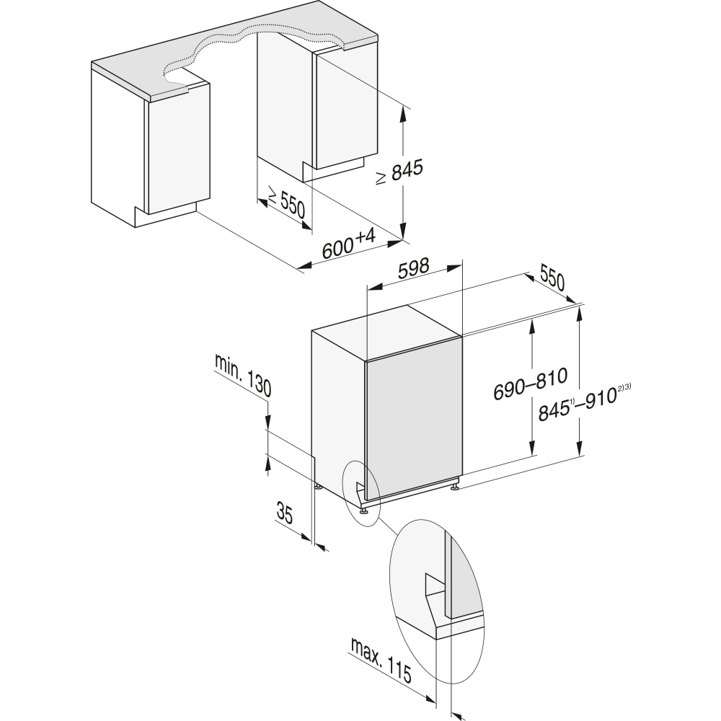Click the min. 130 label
(x=243, y=376)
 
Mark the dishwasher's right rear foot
(x=455, y=488)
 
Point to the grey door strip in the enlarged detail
(x=461, y=577)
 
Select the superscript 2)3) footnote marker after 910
(x=624, y=390)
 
